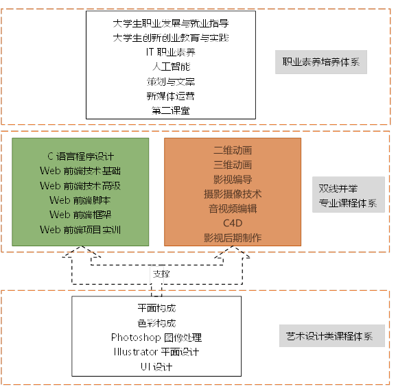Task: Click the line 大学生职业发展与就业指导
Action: [171, 23]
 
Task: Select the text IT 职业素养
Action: [171, 52]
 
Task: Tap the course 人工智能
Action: [171, 67]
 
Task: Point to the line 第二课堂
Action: [171, 110]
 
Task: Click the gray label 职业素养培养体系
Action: [321, 62]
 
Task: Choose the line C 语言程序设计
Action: [80, 156]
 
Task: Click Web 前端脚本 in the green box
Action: [80, 200]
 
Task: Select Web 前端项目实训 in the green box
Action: [80, 230]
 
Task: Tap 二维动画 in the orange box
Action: [233, 150]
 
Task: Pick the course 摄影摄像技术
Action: [233, 194]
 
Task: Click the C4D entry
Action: [233, 223]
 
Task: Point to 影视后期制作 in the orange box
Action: [233, 238]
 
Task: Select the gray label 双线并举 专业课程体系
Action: [349, 194]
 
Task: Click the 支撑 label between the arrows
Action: [161, 274]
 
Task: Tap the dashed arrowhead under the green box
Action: [82, 252]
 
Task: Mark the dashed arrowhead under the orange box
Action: [233, 252]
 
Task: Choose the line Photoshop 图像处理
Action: [156, 337]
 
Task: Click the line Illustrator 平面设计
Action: [156, 352]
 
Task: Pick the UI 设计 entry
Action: [156, 367]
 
